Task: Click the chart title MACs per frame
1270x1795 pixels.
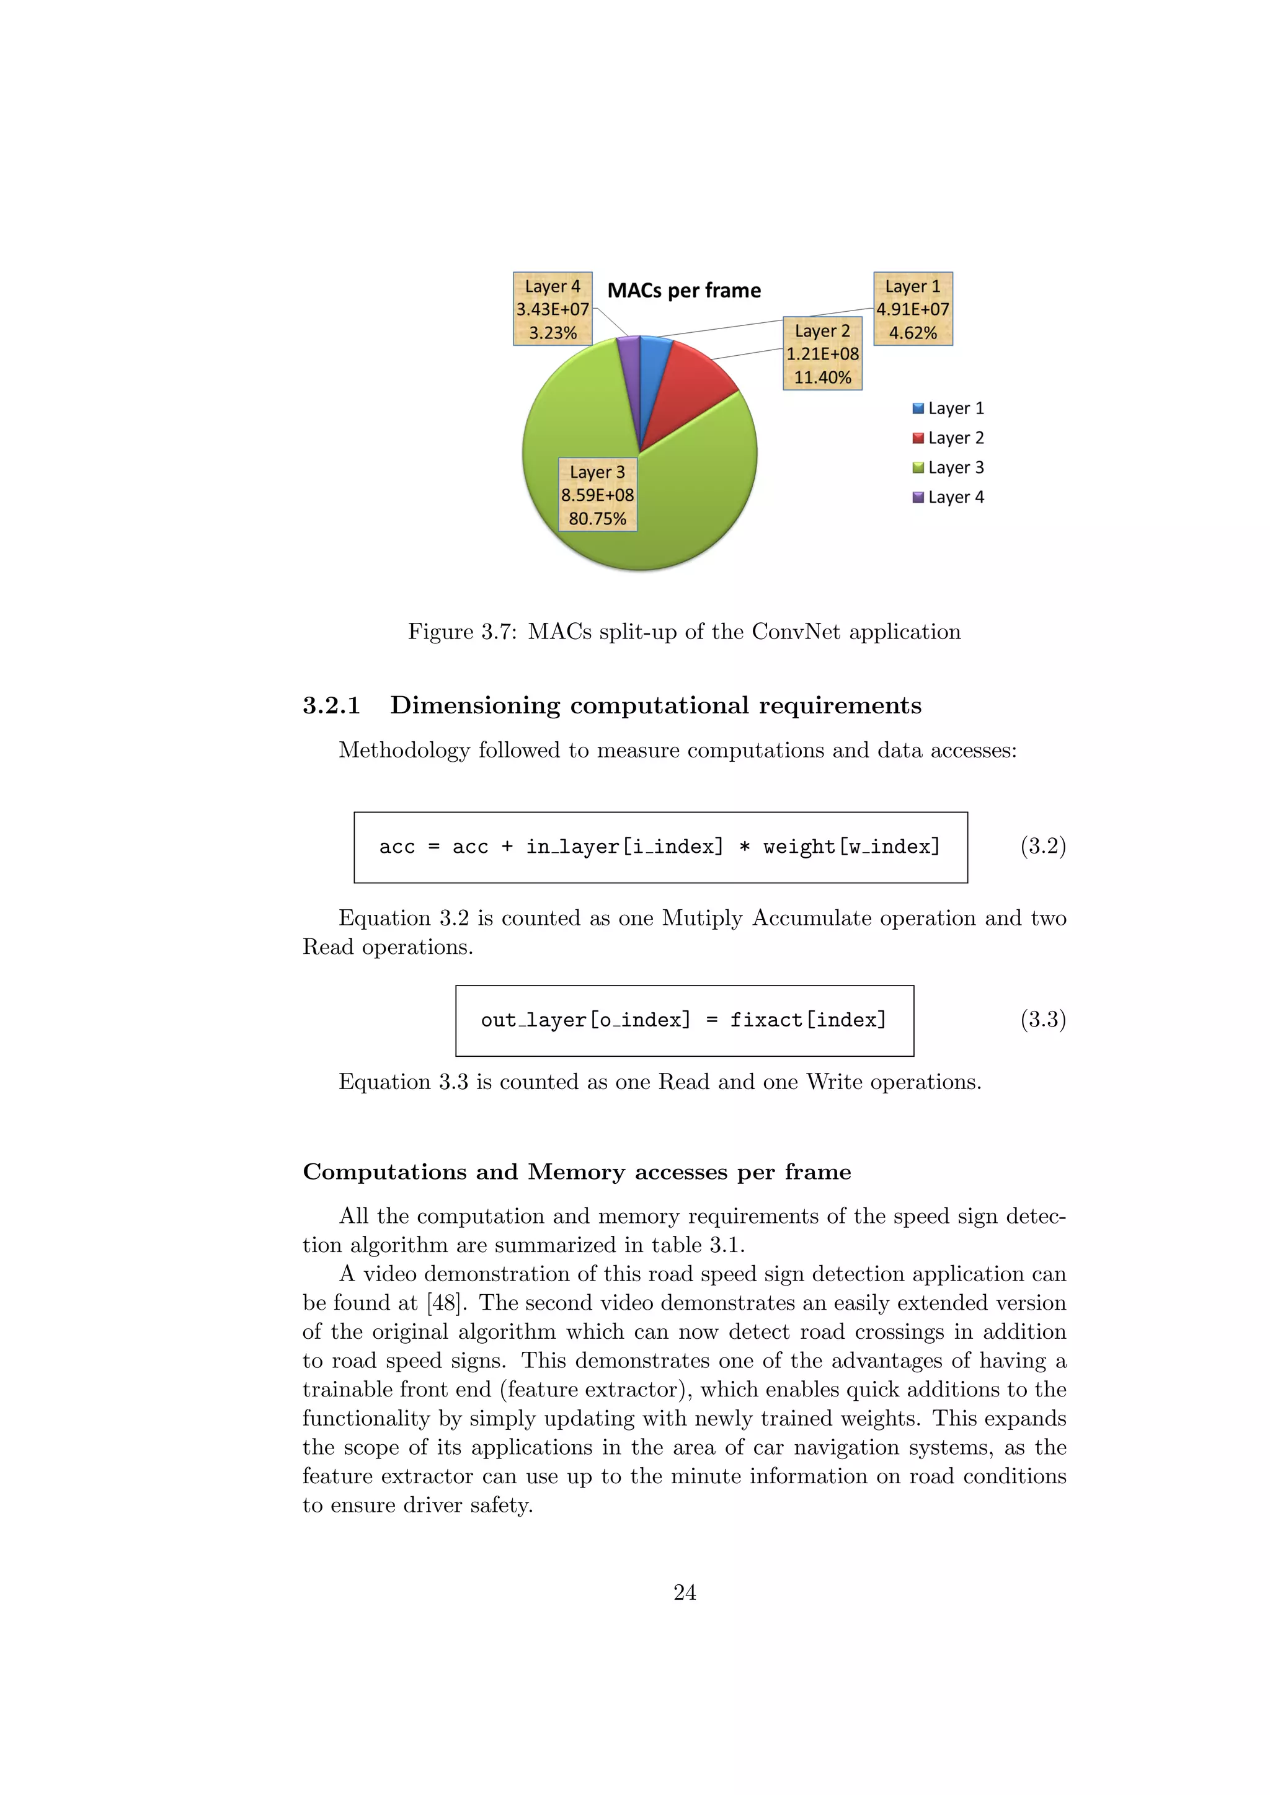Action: (683, 291)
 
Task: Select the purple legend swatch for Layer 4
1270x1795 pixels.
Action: (918, 497)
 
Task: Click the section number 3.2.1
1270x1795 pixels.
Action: (332, 705)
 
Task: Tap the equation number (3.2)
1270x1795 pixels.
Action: (1042, 846)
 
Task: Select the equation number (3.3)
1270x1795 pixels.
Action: (1042, 1020)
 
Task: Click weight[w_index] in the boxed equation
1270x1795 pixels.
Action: (851, 847)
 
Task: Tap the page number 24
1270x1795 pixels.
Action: (684, 1592)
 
